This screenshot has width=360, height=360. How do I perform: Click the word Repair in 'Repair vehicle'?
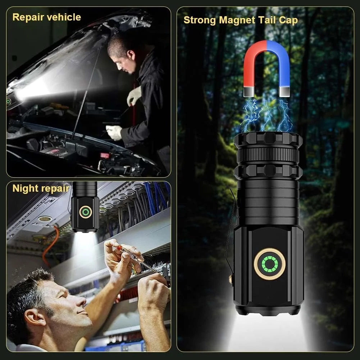coord(27,18)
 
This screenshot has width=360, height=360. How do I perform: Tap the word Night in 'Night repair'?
coord(25,189)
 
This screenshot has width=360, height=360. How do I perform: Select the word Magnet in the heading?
coord(237,20)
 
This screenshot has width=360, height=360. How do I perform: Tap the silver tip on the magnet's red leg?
coord(249,92)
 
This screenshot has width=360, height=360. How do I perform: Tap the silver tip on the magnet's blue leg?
coord(284,92)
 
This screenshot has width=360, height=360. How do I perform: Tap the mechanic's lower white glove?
coord(114,132)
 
